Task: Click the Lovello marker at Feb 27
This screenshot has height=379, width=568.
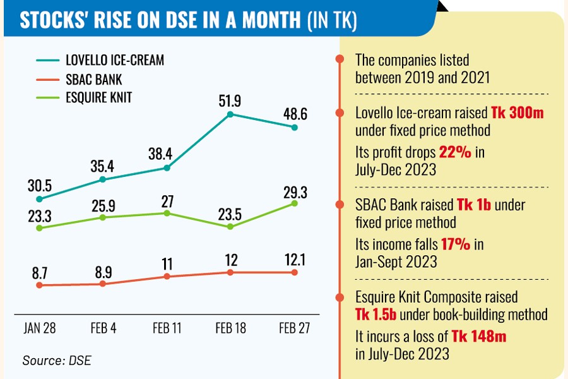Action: click(x=294, y=127)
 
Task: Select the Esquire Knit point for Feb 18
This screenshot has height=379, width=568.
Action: click(x=230, y=226)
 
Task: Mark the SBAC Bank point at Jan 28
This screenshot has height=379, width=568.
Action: click(x=39, y=285)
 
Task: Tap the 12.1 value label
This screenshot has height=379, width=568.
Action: click(x=294, y=259)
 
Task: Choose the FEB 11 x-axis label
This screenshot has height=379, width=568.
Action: click(x=167, y=329)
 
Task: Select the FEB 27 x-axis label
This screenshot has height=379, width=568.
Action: click(x=294, y=329)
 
